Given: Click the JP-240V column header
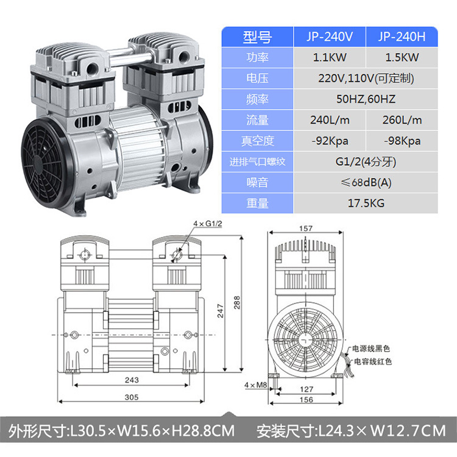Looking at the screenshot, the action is tap(330, 37).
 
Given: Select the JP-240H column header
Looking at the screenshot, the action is tap(402, 37).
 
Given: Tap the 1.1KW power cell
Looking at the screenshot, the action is tap(330, 57).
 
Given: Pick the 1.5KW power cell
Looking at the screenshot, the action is tap(402, 57).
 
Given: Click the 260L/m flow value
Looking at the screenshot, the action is tap(402, 120).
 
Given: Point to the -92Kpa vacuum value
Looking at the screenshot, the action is tap(330, 141).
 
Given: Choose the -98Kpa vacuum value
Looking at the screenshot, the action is tap(402, 141).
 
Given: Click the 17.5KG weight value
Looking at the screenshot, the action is tap(366, 203).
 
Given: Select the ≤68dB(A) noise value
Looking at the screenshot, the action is tap(366, 183).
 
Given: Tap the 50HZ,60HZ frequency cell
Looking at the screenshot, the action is tap(366, 99).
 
